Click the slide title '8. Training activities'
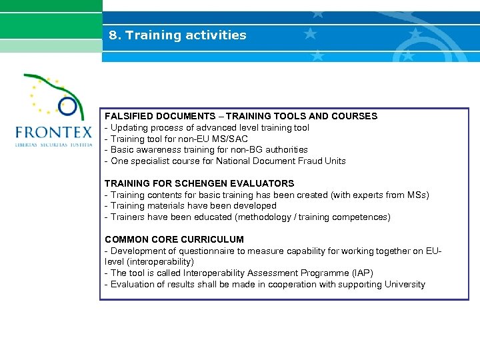[x=177, y=35]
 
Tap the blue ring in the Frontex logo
[x=67, y=105]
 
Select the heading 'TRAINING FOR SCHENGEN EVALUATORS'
[x=199, y=183]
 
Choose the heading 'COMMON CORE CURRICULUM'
[x=174, y=239]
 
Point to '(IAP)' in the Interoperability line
[x=362, y=273]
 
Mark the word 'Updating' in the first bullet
[x=129, y=127]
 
